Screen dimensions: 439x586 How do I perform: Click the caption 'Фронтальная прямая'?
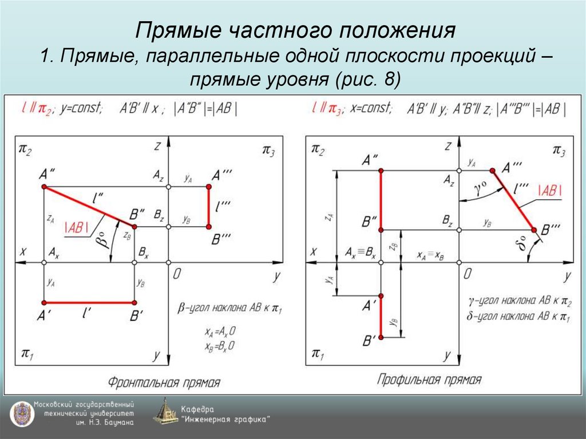click(164, 382)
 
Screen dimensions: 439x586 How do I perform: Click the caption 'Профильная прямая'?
click(429, 379)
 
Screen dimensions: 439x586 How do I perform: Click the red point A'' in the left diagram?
click(44, 187)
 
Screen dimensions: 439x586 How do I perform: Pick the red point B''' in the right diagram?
click(534, 230)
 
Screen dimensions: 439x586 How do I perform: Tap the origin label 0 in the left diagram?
click(177, 275)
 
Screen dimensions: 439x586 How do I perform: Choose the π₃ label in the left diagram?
click(268, 150)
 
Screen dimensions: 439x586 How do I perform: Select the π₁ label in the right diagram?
click(316, 354)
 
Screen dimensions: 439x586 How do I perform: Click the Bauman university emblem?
click(22, 413)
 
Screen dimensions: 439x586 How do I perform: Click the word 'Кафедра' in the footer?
click(197, 409)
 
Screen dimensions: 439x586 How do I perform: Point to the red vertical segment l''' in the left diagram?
click(209, 207)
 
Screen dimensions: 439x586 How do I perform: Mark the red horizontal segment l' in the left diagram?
click(89, 302)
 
